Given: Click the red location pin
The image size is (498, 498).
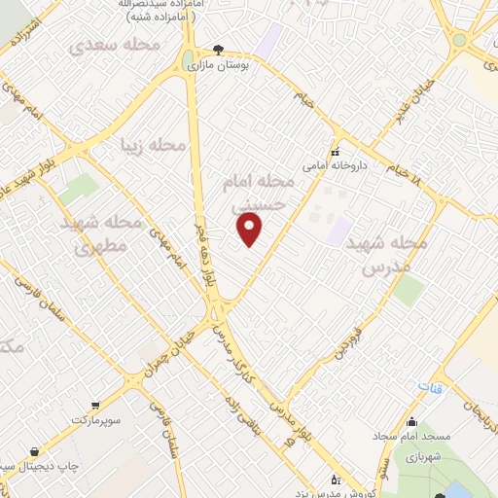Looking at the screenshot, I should [x=251, y=229].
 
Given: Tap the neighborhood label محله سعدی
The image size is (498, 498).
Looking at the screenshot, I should [x=108, y=46].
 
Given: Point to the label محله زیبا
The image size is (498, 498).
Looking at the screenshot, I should [x=152, y=145].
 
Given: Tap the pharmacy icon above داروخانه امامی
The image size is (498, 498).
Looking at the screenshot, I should [x=336, y=152].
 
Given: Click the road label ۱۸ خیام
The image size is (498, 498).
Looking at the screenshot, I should [x=408, y=168].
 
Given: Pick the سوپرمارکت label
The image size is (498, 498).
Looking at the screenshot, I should [x=93, y=418].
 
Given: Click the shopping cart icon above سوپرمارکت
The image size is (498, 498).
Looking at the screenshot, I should [x=94, y=405].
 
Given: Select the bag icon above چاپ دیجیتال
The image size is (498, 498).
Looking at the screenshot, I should [x=37, y=451].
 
